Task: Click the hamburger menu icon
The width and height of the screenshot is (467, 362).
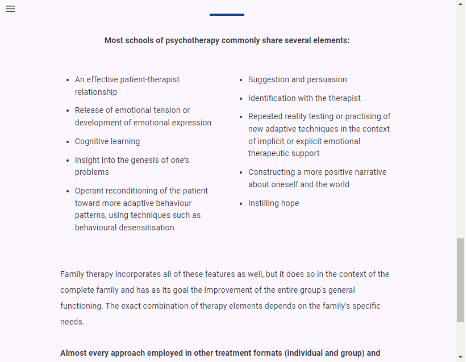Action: click(x=10, y=9)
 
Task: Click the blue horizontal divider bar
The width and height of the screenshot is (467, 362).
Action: click(x=227, y=15)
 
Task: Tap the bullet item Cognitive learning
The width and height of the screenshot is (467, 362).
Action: click(x=107, y=141)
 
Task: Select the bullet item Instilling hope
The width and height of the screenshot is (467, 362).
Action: click(x=273, y=203)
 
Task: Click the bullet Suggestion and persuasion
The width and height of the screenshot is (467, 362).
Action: click(x=297, y=79)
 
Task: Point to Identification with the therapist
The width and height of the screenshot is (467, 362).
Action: click(x=304, y=98)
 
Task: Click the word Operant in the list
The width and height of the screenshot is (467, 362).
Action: click(x=90, y=191)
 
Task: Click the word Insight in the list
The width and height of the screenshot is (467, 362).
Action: click(x=86, y=160)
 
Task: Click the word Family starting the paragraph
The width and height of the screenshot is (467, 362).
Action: click(x=72, y=274)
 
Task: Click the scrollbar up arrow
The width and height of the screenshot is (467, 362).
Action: click(x=460, y=5)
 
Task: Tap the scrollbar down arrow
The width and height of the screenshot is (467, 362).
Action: click(x=460, y=357)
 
